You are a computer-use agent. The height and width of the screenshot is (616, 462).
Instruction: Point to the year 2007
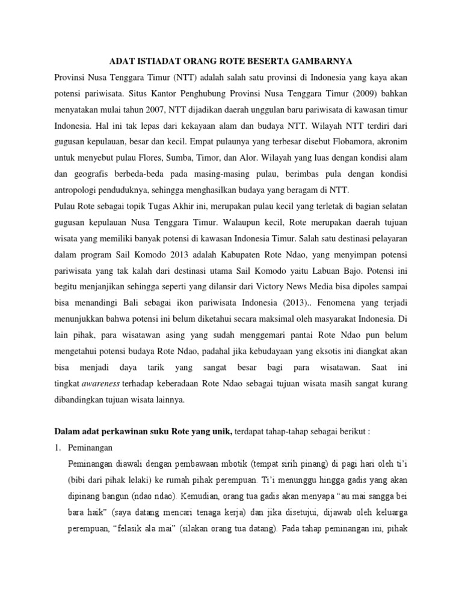(x=147, y=111)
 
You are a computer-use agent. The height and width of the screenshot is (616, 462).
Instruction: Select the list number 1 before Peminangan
(x=58, y=448)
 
